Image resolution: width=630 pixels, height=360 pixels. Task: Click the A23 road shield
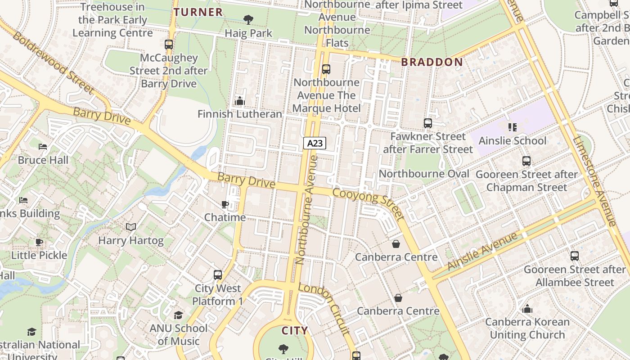pos(315,143)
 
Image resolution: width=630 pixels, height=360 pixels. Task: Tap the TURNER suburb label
pos(198,12)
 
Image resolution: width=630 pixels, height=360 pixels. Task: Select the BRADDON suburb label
pos(432,62)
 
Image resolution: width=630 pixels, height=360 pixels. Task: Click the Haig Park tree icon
pos(248,19)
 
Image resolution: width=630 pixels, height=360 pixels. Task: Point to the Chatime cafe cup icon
pos(225,205)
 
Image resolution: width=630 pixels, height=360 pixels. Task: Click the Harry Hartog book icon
pos(131,227)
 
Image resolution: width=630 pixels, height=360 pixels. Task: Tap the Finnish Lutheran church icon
pos(240,101)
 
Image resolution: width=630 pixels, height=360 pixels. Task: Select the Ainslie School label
pos(512,141)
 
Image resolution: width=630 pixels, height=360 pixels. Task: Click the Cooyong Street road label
pos(368,204)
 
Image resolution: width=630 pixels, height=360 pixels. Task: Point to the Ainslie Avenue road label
pos(482,251)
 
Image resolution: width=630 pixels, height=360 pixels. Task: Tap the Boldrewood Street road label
pos(53,63)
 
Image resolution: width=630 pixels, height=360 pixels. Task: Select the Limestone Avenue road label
pos(594,180)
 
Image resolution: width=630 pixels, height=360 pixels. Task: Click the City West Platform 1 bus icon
pos(218,275)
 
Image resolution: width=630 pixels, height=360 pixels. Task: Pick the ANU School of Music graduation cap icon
pos(179,315)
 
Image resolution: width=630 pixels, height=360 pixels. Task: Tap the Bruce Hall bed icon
pos(43,147)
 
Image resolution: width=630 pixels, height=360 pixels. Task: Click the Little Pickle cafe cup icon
pos(39,242)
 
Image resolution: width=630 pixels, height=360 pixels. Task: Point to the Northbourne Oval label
pos(424,174)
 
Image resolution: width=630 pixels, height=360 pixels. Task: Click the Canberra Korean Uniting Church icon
pos(527,309)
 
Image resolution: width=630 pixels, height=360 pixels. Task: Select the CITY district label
pos(295,331)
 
